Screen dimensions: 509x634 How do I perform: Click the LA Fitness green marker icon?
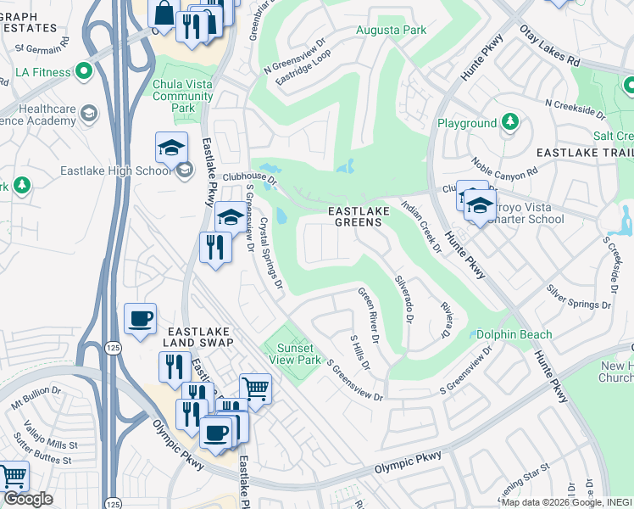[84, 72]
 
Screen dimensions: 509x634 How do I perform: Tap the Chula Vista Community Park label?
[183, 97]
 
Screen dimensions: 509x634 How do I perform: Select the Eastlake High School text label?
[116, 171]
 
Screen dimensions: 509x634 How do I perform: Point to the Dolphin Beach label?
[514, 335]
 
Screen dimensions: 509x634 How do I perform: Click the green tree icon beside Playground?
[510, 123]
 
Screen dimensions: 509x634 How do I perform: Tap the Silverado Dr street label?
[403, 299]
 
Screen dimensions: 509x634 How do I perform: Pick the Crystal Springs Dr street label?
[270, 253]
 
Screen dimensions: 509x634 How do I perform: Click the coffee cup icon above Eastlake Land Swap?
[140, 319]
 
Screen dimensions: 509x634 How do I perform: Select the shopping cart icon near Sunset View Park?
[255, 389]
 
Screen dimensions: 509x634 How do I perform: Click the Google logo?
[28, 499]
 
